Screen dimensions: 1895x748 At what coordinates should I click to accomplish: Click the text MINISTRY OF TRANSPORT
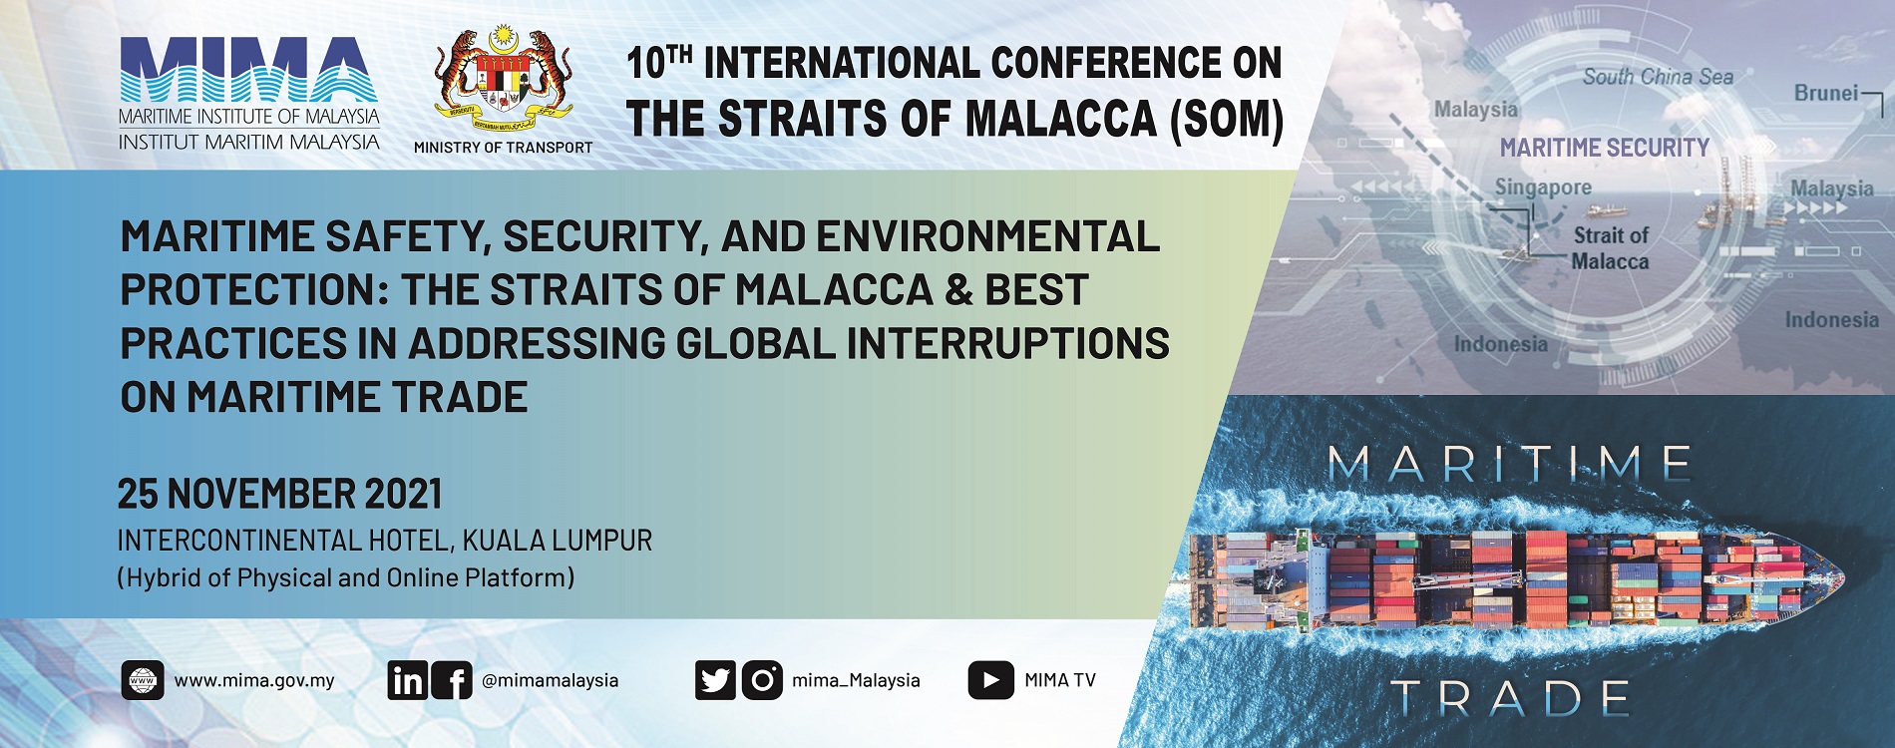[504, 148]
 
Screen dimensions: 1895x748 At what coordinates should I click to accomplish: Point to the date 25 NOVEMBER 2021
[280, 494]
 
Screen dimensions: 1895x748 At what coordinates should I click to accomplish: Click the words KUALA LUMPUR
[558, 541]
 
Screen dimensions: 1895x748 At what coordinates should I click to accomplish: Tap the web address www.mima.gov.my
[254, 681]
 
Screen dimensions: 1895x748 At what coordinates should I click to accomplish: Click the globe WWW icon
[143, 680]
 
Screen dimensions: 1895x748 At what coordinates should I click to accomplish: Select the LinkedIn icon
[408, 680]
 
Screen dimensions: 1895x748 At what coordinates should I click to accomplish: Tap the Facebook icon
[452, 680]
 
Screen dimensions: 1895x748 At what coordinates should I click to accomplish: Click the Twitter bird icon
[715, 680]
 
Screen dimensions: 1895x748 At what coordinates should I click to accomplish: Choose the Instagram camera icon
[762, 680]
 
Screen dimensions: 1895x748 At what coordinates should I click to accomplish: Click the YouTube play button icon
[990, 680]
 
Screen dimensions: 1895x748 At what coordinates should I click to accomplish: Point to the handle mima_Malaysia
[856, 681]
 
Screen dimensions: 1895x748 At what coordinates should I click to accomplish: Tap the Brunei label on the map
[1826, 93]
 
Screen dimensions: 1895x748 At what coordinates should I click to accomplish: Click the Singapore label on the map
[1543, 187]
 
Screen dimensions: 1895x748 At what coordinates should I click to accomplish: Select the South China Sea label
[1658, 77]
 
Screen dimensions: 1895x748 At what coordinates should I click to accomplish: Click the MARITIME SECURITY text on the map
[1605, 148]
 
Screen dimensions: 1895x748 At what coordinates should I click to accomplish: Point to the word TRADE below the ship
[1510, 698]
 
